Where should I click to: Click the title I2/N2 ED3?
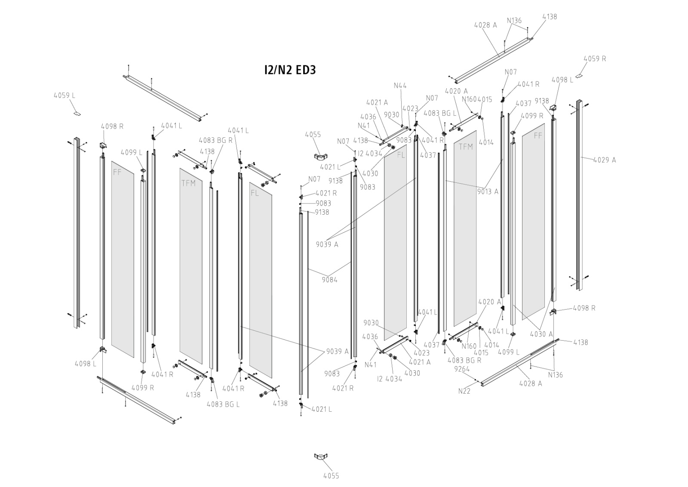(x=289, y=70)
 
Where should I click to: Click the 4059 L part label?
(x=64, y=96)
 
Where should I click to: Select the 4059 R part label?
(x=595, y=59)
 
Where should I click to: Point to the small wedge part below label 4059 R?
(x=579, y=76)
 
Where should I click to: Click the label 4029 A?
(x=604, y=160)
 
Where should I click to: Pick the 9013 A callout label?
(x=488, y=191)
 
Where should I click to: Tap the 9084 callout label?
(x=329, y=280)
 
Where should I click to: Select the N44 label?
(x=400, y=86)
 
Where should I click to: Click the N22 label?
(x=464, y=391)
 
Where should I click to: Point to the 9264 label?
(x=462, y=369)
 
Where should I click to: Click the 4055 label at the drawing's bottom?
(x=331, y=475)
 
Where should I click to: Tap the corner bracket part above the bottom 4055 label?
(x=319, y=456)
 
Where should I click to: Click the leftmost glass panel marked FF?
(x=123, y=258)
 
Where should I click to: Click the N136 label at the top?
(x=514, y=20)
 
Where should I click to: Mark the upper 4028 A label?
(x=485, y=25)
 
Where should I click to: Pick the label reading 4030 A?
(x=541, y=334)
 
